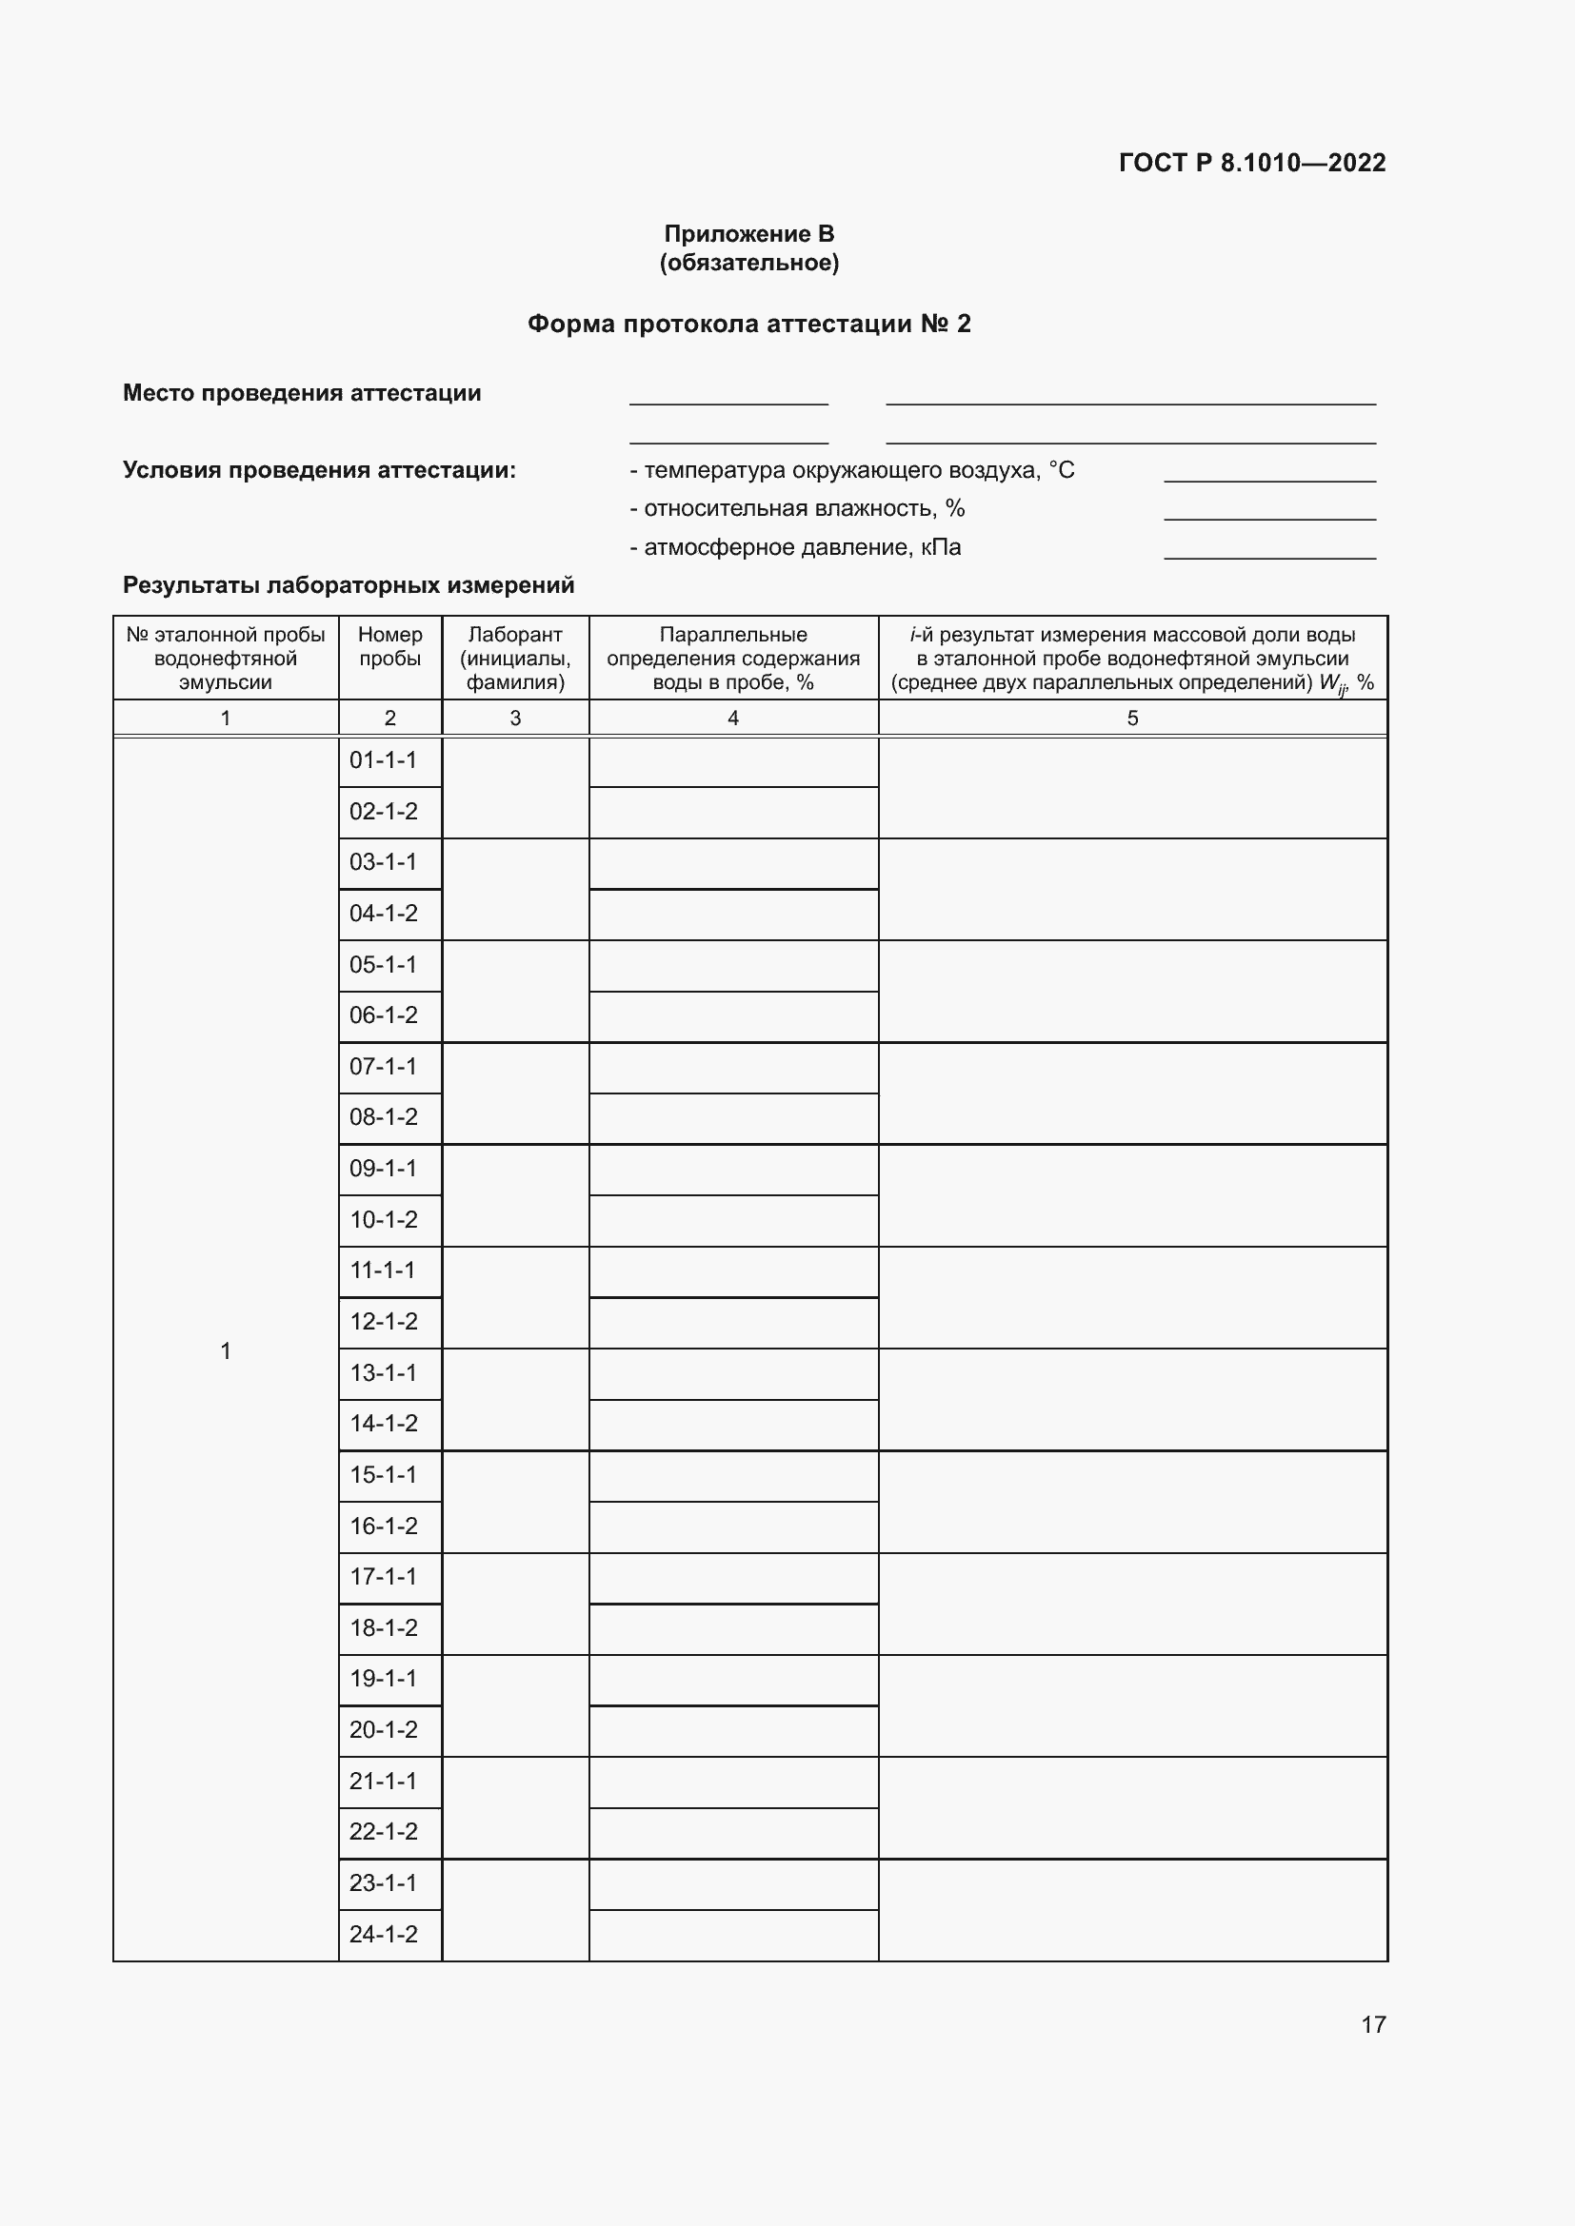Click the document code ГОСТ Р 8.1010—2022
coord(1252,162)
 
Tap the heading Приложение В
coord(748,234)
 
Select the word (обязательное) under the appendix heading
coord(748,263)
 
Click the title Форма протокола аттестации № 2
coord(748,324)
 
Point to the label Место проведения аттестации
coord(302,393)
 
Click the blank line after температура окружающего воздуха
coord(1269,474)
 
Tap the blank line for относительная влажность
coord(1269,513)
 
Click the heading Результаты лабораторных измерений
coord(349,585)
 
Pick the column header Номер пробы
coord(389,646)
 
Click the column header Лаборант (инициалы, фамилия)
coord(515,659)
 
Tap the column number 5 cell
coord(1132,719)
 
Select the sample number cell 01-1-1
coord(383,760)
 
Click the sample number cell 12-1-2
coord(383,1322)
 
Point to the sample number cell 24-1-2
coord(383,1934)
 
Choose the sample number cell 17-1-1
coord(383,1576)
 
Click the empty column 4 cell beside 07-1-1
coord(733,1068)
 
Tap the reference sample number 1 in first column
coord(225,1351)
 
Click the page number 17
coord(1373,2024)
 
